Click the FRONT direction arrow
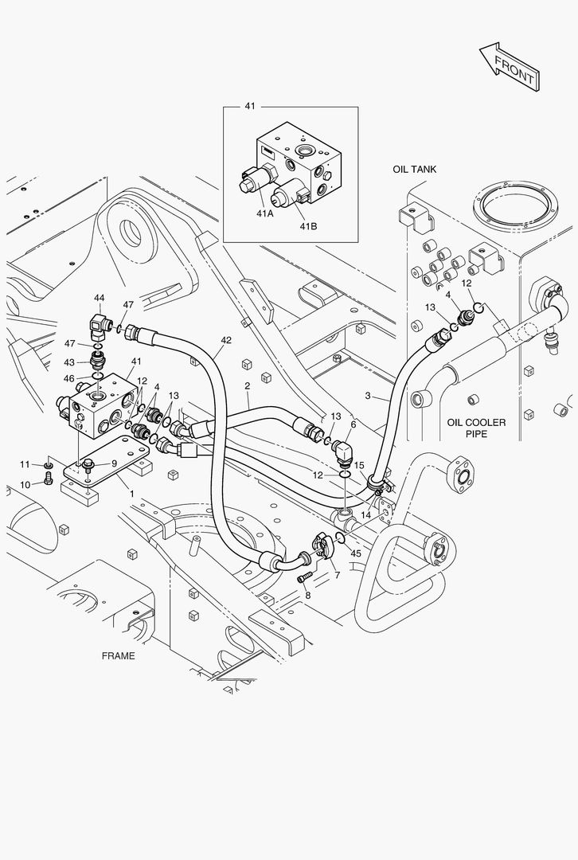click(510, 66)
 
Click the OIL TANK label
click(414, 170)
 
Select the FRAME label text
click(118, 656)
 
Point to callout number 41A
click(265, 213)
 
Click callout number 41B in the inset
click(308, 226)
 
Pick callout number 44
click(99, 298)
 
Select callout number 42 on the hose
click(226, 340)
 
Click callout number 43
click(69, 362)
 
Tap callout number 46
click(69, 378)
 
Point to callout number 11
click(25, 464)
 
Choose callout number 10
click(25, 484)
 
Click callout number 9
click(114, 463)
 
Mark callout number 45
click(355, 553)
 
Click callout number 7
click(337, 575)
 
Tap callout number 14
click(365, 515)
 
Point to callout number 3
click(368, 396)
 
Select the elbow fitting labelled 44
click(100, 325)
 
